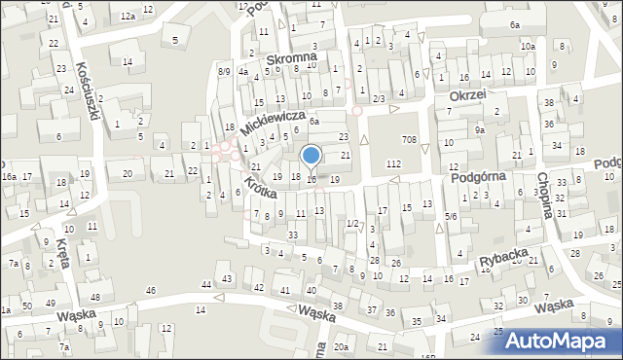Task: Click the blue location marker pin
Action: tap(311, 156)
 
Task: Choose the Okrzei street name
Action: tap(467, 97)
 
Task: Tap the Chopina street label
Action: tap(546, 195)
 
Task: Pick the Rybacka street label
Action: tap(503, 256)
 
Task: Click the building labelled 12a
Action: tap(128, 17)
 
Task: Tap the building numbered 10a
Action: tap(527, 47)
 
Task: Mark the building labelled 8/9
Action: tap(224, 71)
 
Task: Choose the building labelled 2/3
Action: tap(379, 98)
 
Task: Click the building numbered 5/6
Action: tap(451, 215)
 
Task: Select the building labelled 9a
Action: tap(480, 129)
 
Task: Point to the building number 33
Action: tap(292, 234)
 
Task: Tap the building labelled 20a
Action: tap(341, 346)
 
